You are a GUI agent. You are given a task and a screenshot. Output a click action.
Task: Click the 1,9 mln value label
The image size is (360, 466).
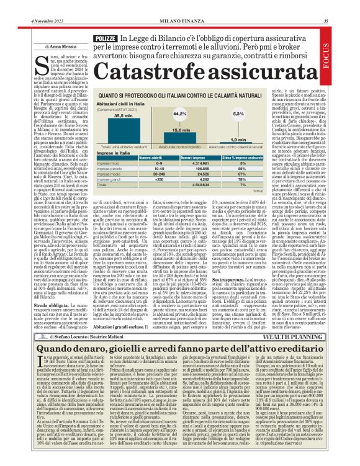click(238, 140)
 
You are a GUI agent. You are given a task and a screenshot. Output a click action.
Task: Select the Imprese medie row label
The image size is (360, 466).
click(110, 175)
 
